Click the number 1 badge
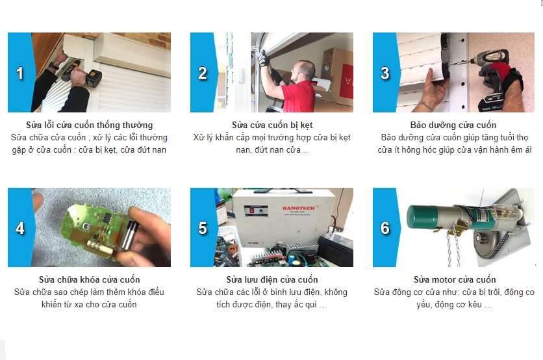(x=19, y=73)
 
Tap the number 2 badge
(x=202, y=73)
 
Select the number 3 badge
(x=385, y=73)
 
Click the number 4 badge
(x=19, y=228)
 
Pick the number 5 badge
(x=202, y=228)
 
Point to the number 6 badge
(x=385, y=228)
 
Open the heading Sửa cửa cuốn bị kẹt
(x=271, y=125)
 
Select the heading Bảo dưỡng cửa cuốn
(x=453, y=125)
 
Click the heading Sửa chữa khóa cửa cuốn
(x=89, y=280)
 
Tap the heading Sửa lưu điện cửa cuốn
(x=271, y=280)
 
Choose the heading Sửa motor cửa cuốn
(x=454, y=280)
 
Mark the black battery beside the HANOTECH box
(x=335, y=250)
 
